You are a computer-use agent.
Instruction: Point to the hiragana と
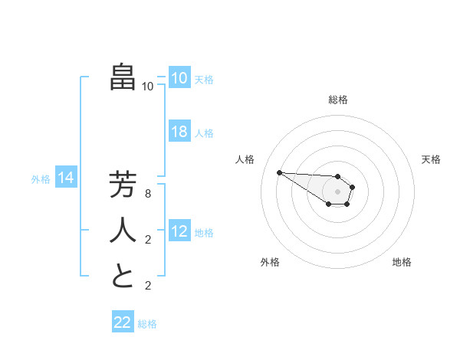(123, 276)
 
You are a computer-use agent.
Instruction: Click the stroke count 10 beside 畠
(148, 87)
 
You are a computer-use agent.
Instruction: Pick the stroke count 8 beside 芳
(148, 195)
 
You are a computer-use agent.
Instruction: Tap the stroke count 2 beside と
(148, 286)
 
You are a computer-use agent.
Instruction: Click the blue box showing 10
(179, 78)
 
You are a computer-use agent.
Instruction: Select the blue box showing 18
(179, 132)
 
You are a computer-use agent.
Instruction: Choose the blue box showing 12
(179, 231)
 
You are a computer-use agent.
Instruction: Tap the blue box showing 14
(66, 178)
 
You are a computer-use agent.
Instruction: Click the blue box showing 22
(123, 322)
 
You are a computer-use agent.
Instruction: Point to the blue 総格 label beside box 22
(148, 324)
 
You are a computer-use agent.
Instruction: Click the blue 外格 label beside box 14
(41, 179)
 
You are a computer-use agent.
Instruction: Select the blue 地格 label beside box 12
(205, 232)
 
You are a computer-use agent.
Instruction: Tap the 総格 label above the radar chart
(338, 100)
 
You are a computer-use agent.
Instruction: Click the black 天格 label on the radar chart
(431, 159)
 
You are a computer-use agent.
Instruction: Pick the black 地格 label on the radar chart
(402, 262)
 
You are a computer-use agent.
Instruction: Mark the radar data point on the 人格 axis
(279, 172)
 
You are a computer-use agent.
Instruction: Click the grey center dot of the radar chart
(338, 191)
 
